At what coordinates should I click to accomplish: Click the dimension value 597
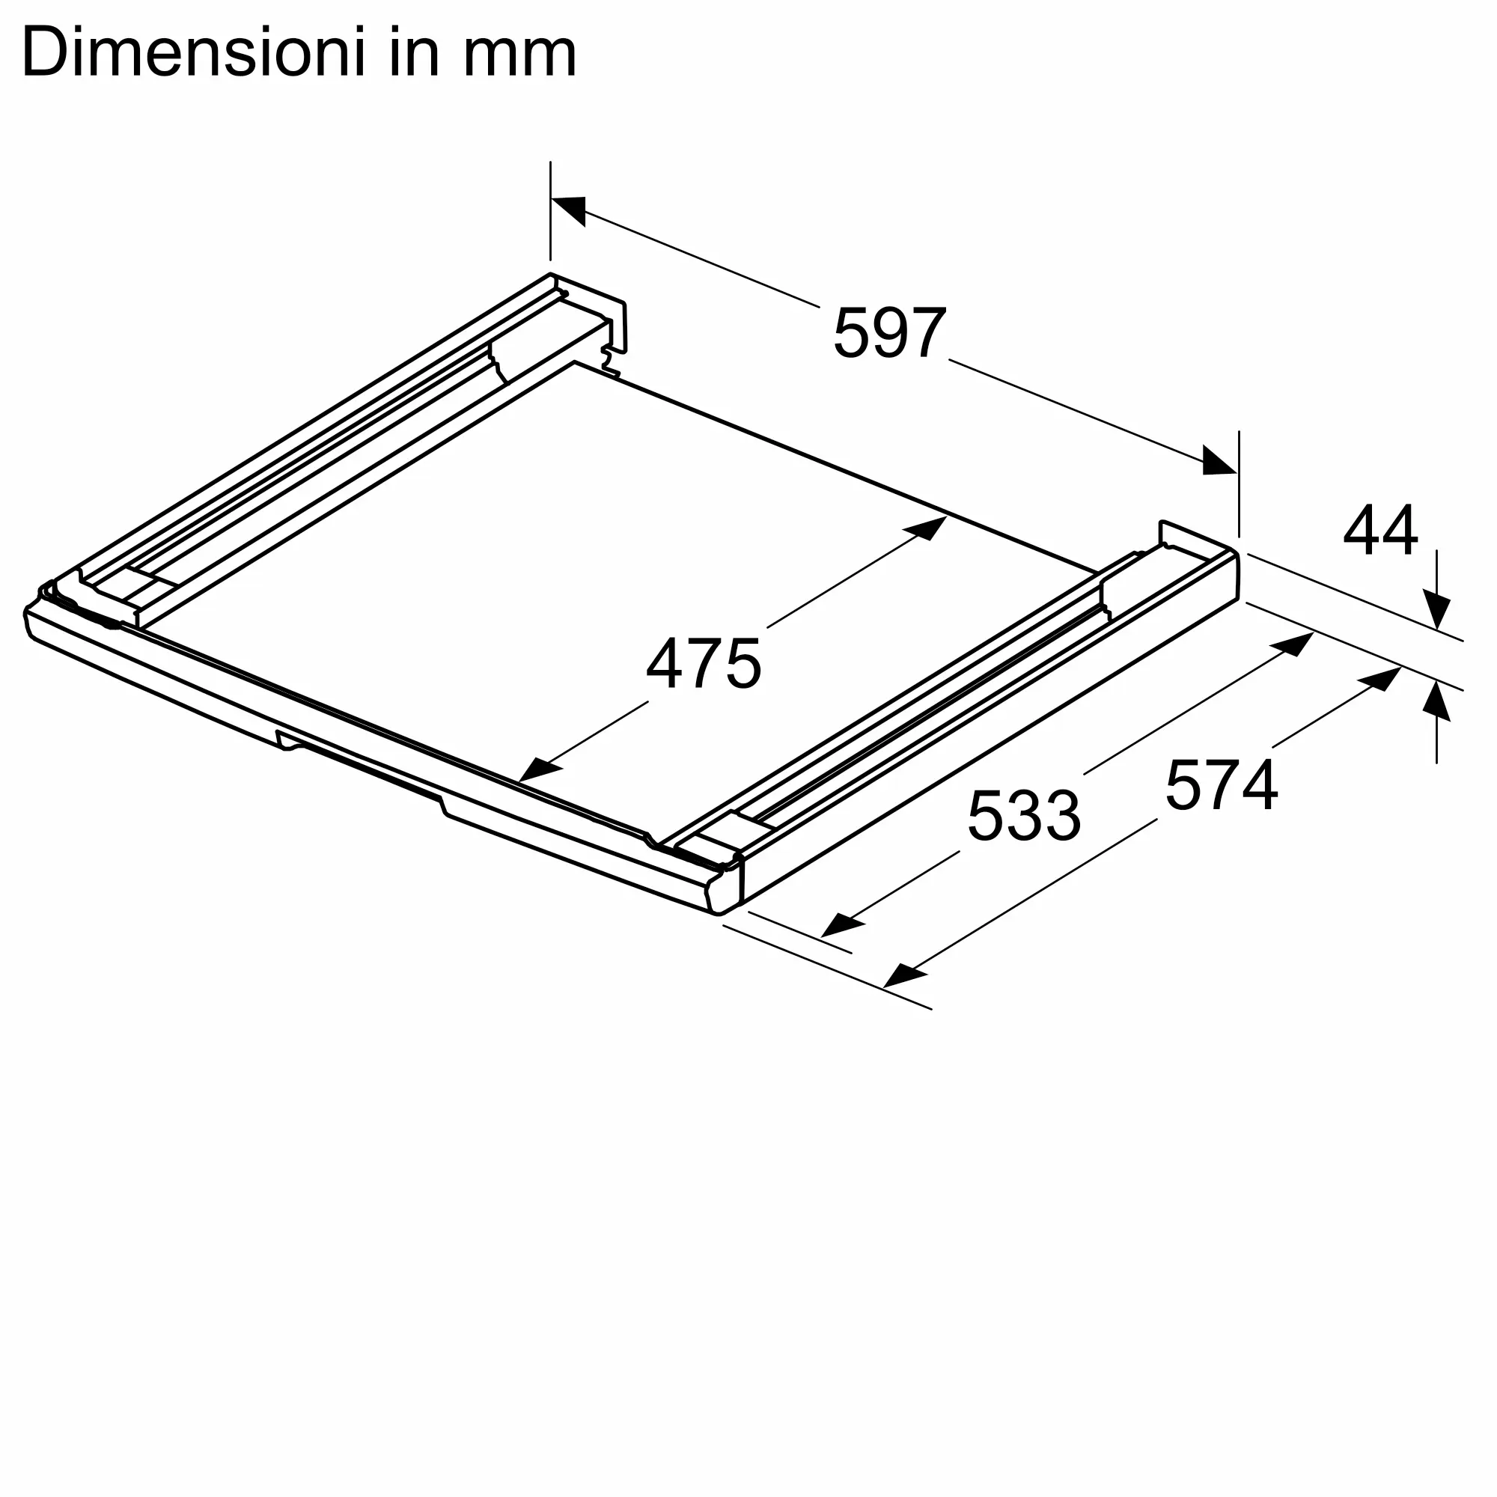[889, 332]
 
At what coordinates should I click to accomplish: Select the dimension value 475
[704, 663]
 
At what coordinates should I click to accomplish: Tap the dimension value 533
[1023, 815]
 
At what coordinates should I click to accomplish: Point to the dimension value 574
[1221, 785]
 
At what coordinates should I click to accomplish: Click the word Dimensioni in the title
[193, 52]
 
